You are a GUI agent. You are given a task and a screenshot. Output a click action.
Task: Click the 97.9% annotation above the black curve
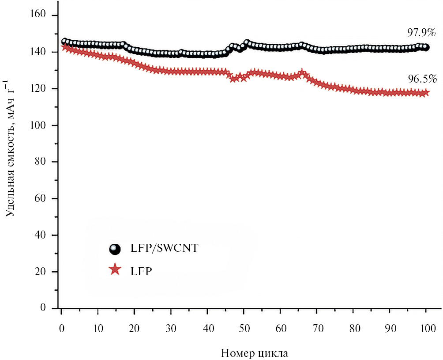tap(421, 32)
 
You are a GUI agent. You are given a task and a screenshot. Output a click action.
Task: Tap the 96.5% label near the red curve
tap(422, 80)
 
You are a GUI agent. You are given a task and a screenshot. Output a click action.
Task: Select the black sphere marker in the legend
tap(115, 249)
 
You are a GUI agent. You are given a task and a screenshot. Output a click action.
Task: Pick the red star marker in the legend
tap(115, 269)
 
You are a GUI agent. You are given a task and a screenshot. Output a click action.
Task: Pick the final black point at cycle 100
tap(426, 47)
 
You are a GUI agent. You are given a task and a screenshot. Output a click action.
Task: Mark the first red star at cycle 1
tap(65, 47)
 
